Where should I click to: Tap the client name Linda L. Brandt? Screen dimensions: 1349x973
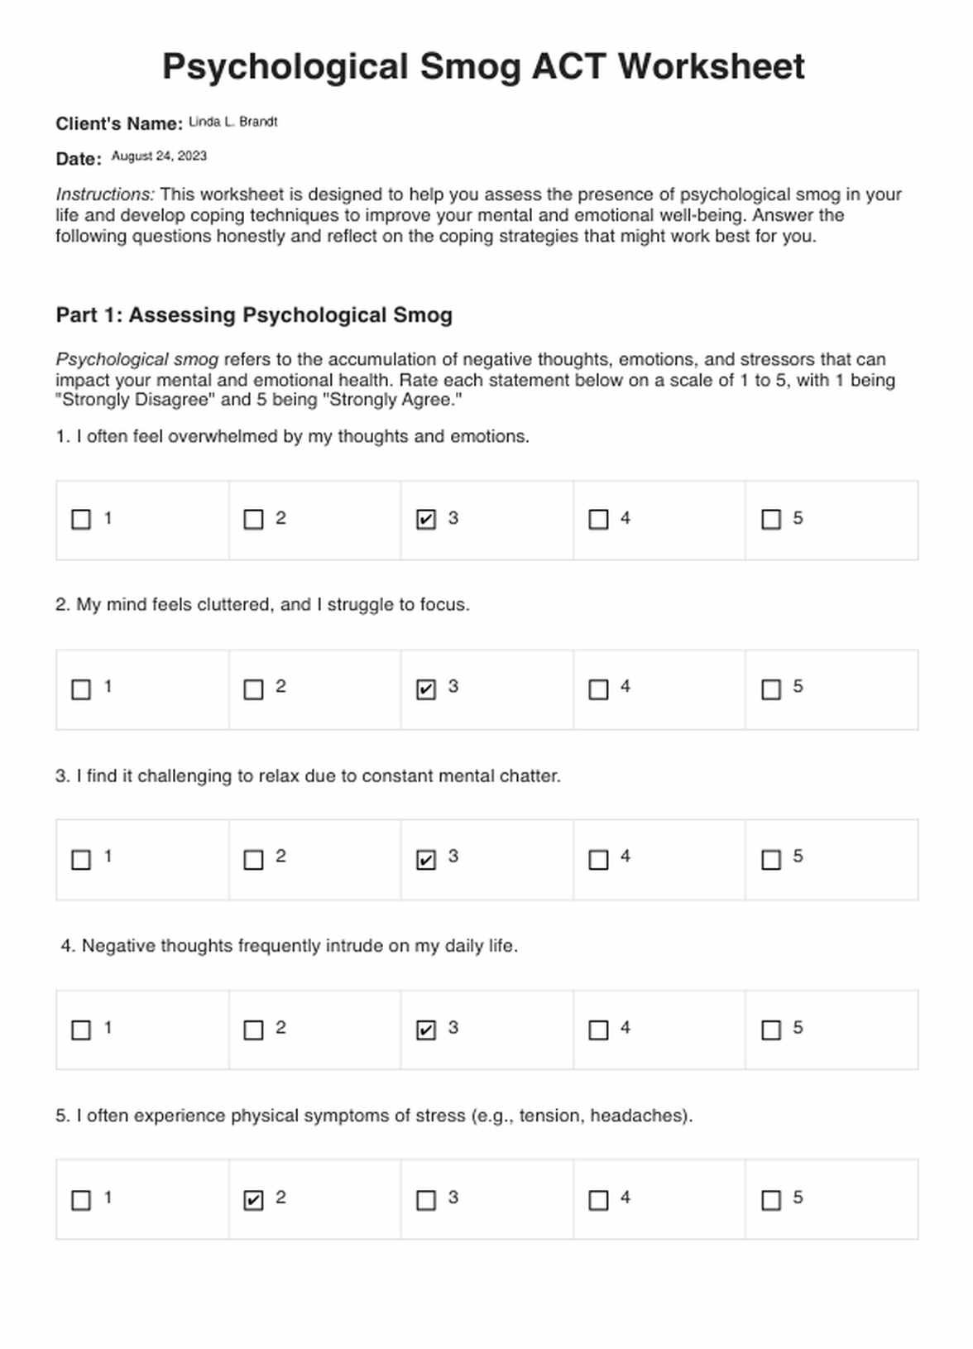(x=232, y=122)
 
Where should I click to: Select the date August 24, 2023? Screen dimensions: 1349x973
(x=159, y=156)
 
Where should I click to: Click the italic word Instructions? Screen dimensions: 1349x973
(x=105, y=194)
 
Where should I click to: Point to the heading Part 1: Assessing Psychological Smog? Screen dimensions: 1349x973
(x=254, y=315)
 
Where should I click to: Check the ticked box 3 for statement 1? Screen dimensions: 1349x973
(x=426, y=520)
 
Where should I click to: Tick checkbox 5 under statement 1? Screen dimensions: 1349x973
(x=771, y=520)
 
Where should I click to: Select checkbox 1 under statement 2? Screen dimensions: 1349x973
(x=81, y=689)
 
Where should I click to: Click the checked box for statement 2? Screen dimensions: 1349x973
(x=426, y=689)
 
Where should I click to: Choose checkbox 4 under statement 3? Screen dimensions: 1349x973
(x=598, y=860)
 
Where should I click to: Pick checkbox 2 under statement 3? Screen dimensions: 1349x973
(x=253, y=860)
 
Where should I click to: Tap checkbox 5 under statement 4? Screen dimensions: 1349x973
(x=771, y=1030)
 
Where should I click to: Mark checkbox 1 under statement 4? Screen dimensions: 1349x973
(x=81, y=1030)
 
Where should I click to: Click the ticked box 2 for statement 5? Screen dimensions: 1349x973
(x=253, y=1200)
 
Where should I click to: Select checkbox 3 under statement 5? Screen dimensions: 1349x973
(x=426, y=1200)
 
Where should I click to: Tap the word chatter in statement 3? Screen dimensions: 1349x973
(x=530, y=776)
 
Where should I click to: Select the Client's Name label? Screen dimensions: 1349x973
(x=119, y=124)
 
